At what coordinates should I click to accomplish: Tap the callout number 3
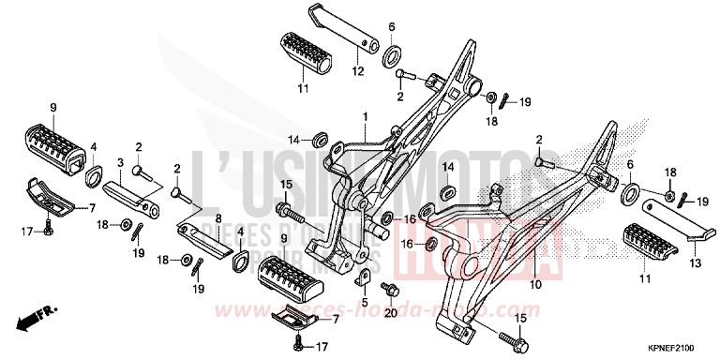[121, 162]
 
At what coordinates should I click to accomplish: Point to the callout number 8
[217, 219]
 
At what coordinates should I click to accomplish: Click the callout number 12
[357, 71]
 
